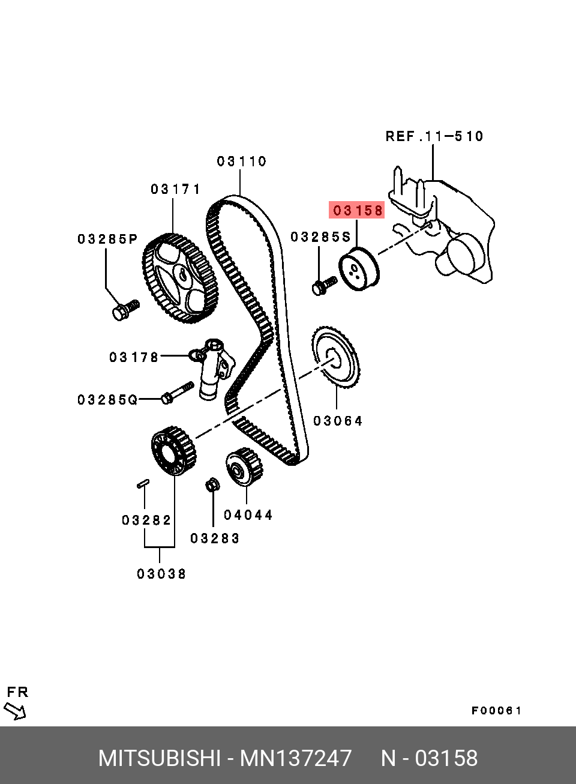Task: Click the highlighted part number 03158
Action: click(357, 211)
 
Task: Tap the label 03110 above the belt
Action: click(242, 161)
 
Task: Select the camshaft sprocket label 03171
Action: click(176, 190)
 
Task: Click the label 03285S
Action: click(320, 237)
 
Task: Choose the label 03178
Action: click(134, 358)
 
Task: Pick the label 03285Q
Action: click(107, 400)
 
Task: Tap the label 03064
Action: click(338, 421)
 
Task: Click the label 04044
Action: click(248, 515)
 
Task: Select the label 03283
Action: click(215, 539)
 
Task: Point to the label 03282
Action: click(146, 520)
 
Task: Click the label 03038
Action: click(161, 574)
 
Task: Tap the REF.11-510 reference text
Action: click(434, 137)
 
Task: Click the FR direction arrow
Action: click(15, 711)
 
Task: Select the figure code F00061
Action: click(497, 711)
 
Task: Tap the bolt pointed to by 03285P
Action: click(124, 311)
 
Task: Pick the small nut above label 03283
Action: click(212, 484)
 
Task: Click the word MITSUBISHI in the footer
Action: click(159, 759)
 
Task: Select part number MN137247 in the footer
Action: click(296, 759)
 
